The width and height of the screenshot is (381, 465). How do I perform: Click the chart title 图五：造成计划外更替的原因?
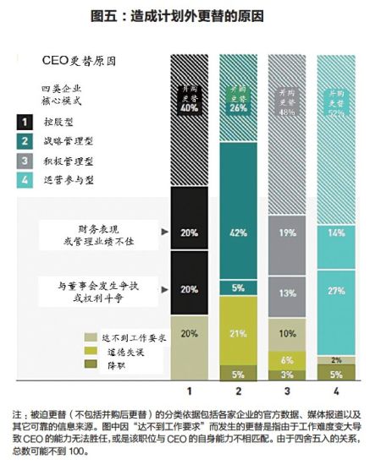coord(190,16)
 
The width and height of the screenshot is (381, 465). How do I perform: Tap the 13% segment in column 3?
coord(286,293)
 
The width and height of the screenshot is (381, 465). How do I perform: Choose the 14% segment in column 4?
coord(334,232)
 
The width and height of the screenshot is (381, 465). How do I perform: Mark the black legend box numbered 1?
coord(25,121)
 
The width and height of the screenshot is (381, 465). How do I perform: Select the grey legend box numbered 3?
coord(25,160)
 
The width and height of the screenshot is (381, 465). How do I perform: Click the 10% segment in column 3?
coord(286,333)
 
